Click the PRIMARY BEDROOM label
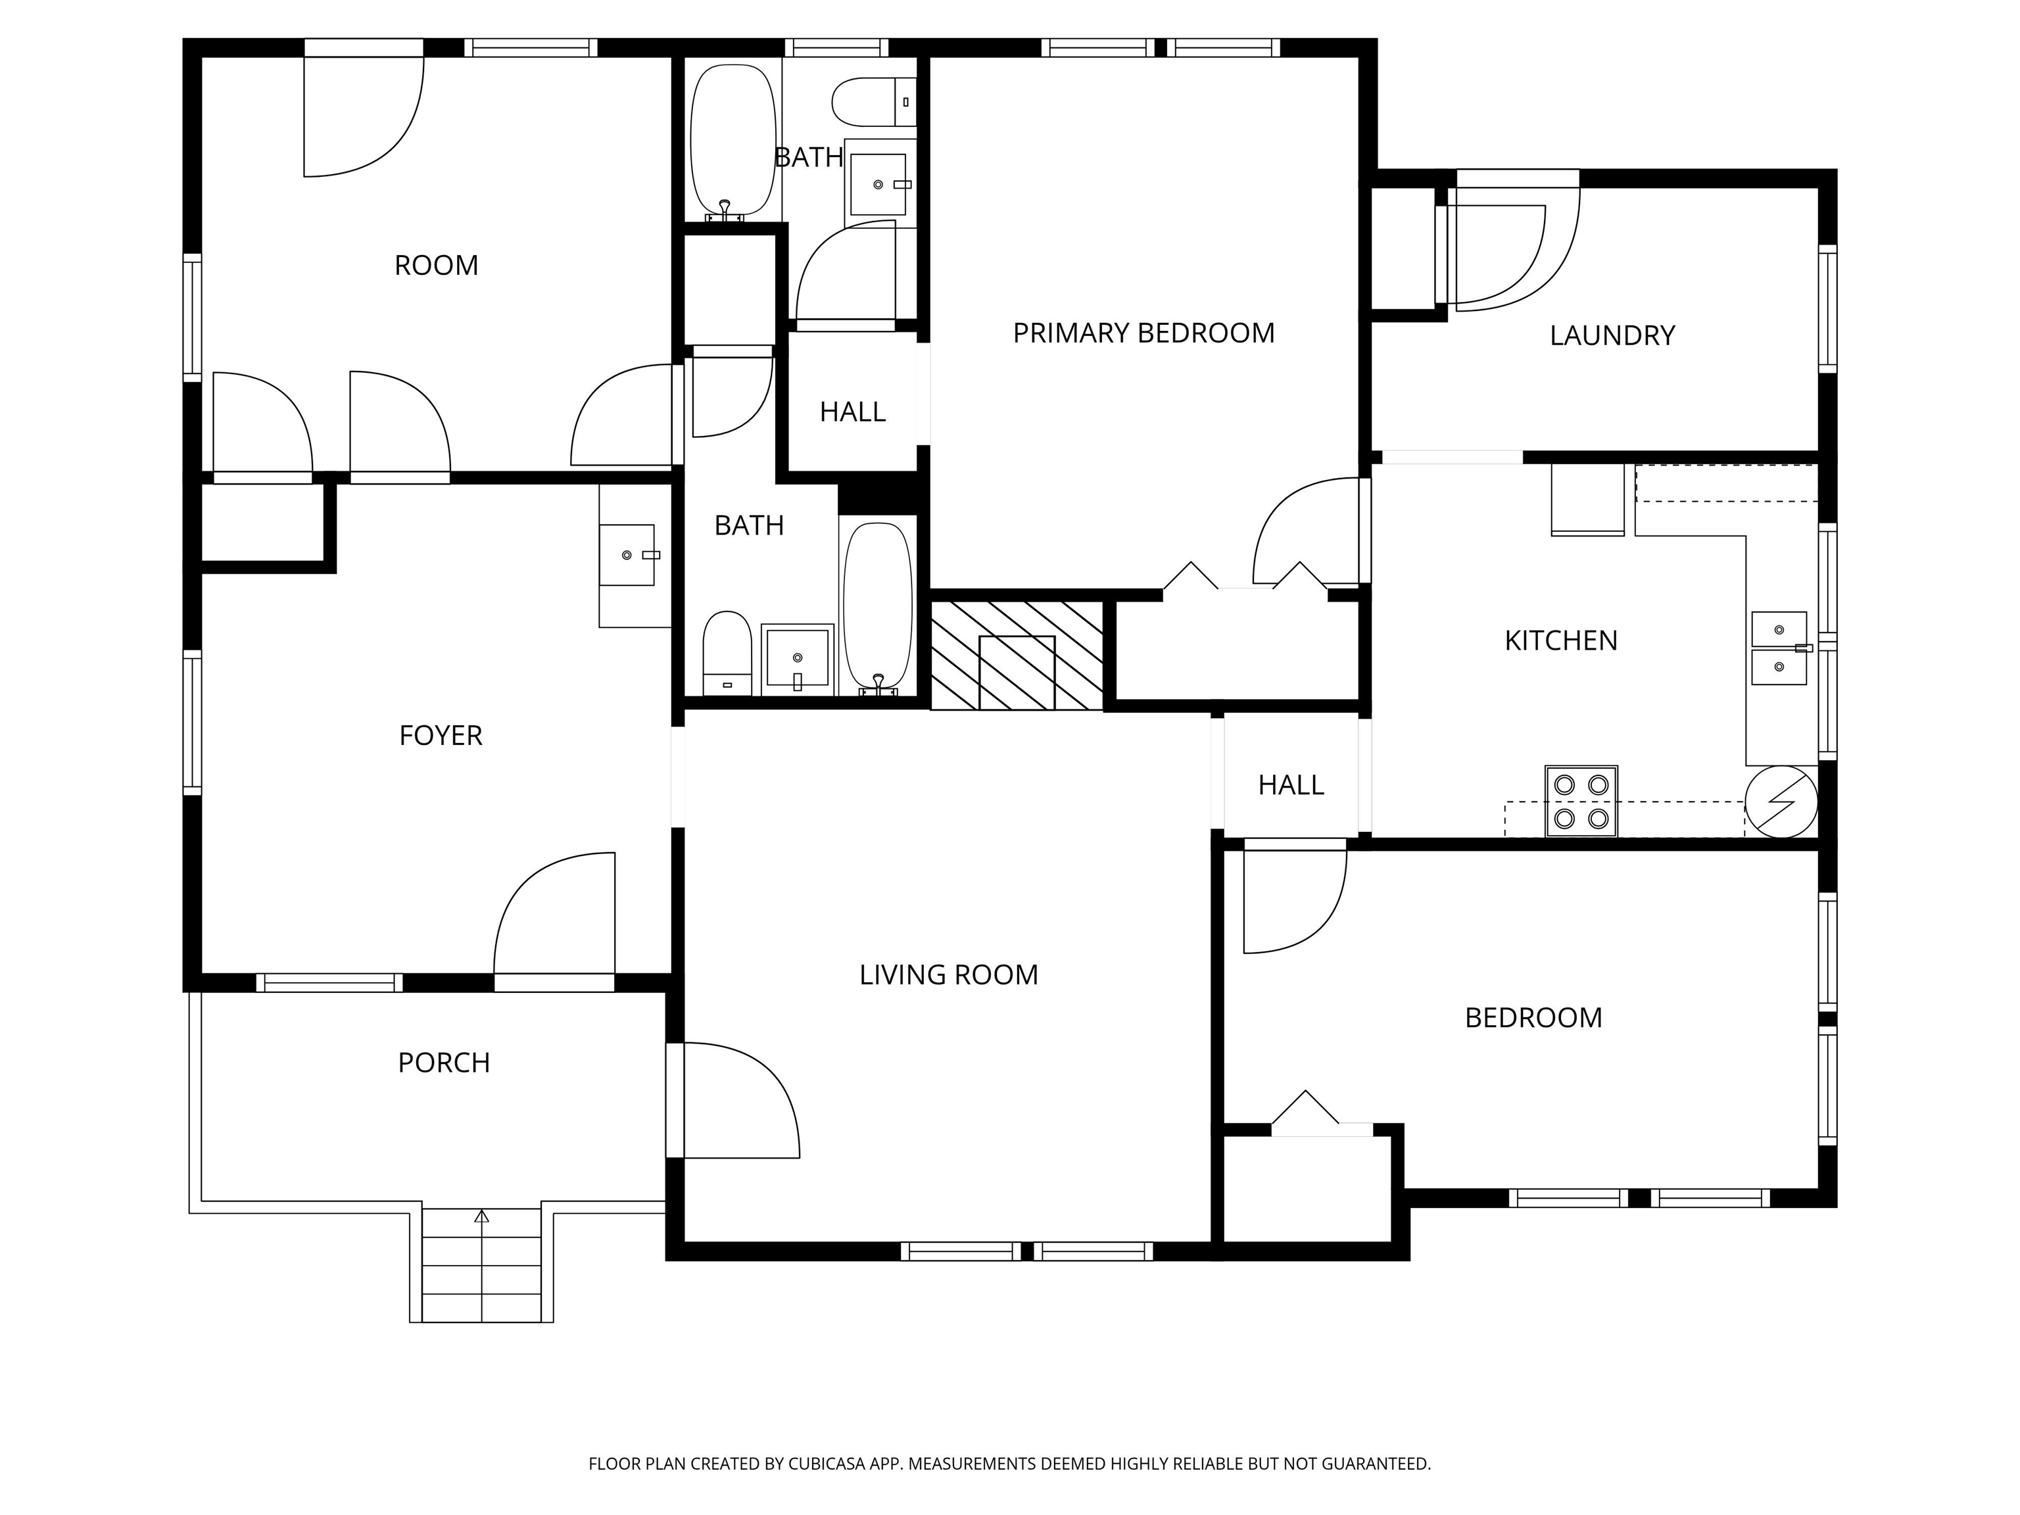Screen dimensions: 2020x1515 1143,333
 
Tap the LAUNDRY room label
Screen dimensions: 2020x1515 1612,336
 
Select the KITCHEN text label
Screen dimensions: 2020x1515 1560,641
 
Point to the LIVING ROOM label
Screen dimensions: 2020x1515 949,975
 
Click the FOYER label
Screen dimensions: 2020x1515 440,735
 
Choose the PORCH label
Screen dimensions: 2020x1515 444,1063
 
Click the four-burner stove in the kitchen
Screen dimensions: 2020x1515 1581,801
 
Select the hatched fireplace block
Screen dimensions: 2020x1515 1017,655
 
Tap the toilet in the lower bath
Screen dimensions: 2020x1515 727,654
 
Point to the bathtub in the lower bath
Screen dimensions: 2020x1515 878,609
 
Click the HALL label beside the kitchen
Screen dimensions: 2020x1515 1290,785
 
